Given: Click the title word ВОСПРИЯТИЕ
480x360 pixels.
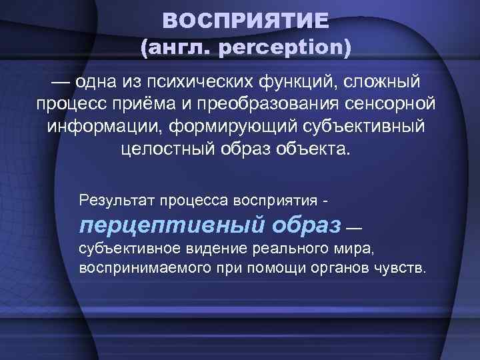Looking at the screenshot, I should click(245, 21).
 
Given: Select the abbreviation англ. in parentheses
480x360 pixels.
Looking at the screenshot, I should click(172, 48).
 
